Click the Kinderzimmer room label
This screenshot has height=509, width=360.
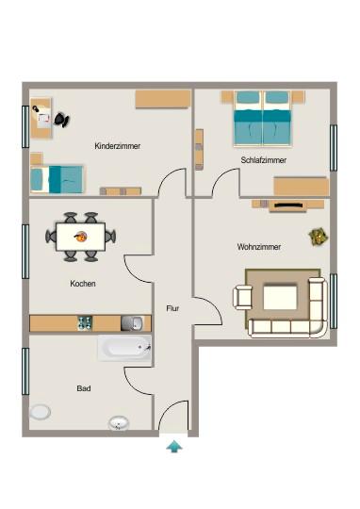coord(118,146)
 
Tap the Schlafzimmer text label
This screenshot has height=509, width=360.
coord(263,160)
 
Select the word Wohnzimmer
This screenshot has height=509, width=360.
coord(258,247)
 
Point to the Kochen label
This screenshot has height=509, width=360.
coord(83,283)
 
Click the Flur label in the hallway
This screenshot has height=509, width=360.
coord(172,308)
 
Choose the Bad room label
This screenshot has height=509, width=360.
coord(83,387)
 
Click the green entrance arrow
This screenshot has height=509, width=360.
coord(173,446)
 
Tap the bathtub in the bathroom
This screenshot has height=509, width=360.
coord(124,348)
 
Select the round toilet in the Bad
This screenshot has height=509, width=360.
coord(41,412)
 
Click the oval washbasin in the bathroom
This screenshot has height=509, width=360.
coord(120,422)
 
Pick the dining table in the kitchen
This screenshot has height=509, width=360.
coord(81,236)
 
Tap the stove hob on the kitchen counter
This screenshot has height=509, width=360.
coord(85,323)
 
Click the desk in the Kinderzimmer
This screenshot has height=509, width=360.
coord(41,116)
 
